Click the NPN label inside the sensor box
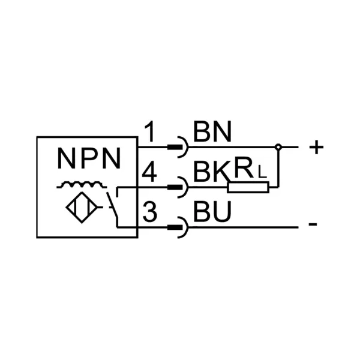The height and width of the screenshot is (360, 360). pyautogui.click(x=89, y=159)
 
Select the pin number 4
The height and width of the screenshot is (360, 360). pyautogui.click(x=150, y=174)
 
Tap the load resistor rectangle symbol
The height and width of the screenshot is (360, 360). pyautogui.click(x=248, y=187)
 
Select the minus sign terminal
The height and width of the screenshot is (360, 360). pyautogui.click(x=313, y=226)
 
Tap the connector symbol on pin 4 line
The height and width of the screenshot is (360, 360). pyautogui.click(x=178, y=187)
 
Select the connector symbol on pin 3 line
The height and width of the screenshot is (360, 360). pyautogui.click(x=178, y=227)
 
